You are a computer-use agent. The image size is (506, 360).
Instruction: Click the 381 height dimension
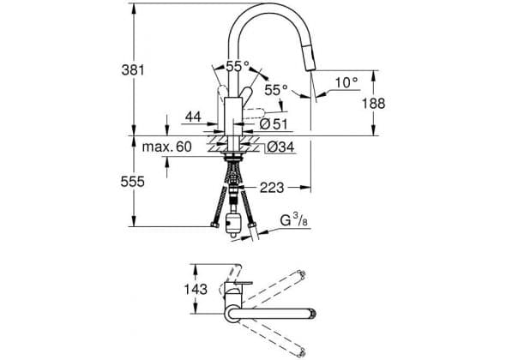(132, 69)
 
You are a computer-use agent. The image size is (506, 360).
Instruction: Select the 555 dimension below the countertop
(132, 182)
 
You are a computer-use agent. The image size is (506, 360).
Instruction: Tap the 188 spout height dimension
(373, 104)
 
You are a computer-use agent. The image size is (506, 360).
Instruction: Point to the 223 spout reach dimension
(272, 188)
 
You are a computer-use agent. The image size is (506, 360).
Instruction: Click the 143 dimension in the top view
(196, 289)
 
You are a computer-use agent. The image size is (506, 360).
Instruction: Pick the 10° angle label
(346, 82)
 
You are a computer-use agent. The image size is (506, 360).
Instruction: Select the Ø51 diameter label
(274, 124)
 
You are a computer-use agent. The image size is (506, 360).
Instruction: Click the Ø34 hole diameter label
(280, 147)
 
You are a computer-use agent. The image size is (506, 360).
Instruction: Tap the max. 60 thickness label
(167, 147)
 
